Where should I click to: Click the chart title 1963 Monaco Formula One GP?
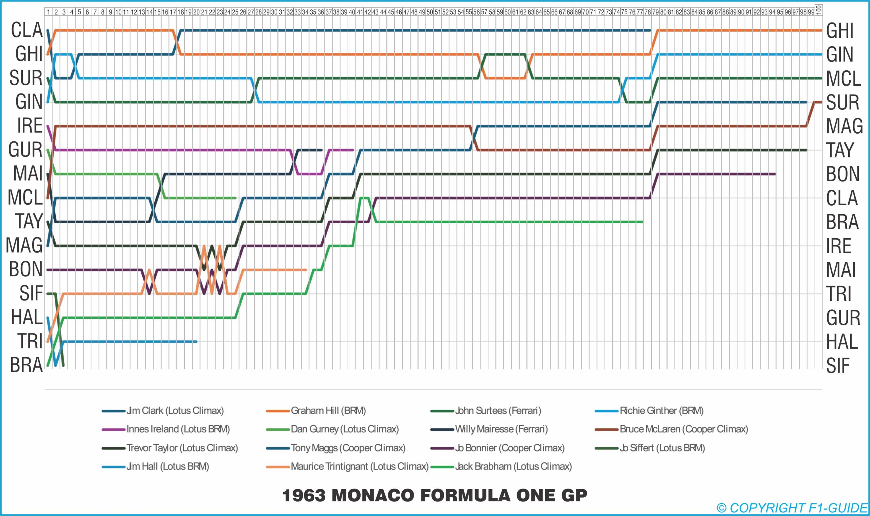click(435, 495)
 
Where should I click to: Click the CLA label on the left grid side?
click(27, 30)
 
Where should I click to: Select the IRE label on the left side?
click(30, 125)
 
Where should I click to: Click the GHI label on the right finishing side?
click(839, 31)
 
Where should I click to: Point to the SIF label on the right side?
click(838, 366)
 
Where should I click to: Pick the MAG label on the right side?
click(844, 126)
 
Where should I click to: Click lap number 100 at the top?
click(819, 10)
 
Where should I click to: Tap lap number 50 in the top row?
click(430, 12)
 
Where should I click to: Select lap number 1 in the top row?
click(48, 12)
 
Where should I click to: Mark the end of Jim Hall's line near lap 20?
click(197, 341)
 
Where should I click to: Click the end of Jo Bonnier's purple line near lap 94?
click(775, 174)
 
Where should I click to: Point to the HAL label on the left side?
click(27, 317)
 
